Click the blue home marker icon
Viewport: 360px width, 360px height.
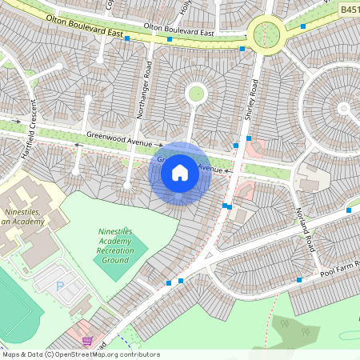coord(180,172)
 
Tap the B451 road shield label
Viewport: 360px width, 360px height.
coord(348,9)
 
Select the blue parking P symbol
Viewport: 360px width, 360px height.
coord(59,285)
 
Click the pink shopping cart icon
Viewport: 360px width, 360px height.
coord(87,341)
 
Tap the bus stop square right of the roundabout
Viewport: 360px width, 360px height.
coord(302,26)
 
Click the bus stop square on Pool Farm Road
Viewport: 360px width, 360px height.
coord(298,280)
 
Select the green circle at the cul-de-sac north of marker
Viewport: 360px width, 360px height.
coord(195,94)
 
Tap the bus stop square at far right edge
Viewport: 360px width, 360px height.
coord(349,210)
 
